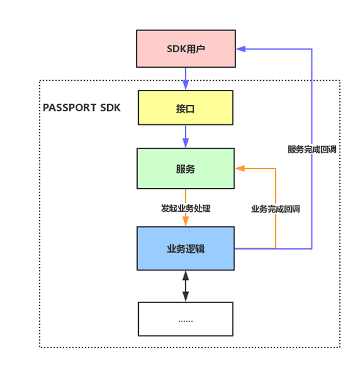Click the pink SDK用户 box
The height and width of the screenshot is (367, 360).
[185, 49]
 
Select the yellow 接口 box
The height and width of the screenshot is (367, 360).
[185, 107]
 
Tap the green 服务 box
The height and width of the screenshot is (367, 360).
[185, 168]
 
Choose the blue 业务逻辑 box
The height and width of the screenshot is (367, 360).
[185, 248]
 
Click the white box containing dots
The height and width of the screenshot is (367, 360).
[185, 319]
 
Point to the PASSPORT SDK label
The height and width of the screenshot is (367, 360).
[82, 107]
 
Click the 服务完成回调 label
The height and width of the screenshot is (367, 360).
[312, 149]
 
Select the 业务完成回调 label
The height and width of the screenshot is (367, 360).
[276, 209]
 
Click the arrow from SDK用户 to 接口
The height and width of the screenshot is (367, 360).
[186, 78]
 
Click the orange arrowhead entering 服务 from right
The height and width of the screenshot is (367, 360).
[240, 168]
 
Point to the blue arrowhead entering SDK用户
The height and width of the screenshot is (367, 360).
[241, 49]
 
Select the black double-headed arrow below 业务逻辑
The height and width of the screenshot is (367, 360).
[185, 286]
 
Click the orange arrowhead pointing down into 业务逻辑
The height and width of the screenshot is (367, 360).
[185, 222]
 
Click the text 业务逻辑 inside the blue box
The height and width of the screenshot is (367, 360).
[185, 248]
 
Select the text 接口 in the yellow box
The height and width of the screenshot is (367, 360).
[185, 108]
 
